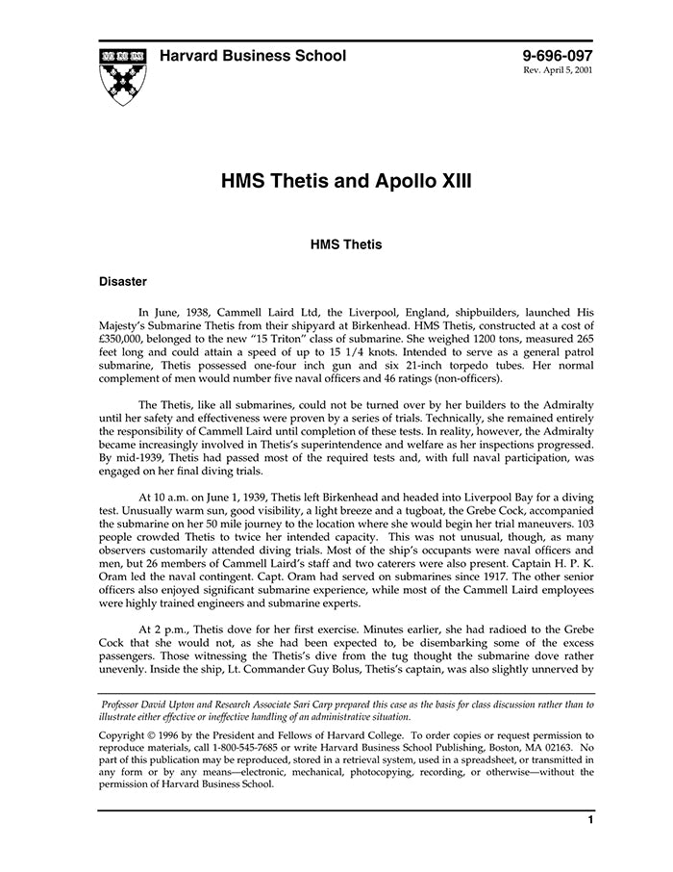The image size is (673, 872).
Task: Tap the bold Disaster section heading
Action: point(123,282)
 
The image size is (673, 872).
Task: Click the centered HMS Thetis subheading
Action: point(346,244)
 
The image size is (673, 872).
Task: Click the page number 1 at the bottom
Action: point(589,820)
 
